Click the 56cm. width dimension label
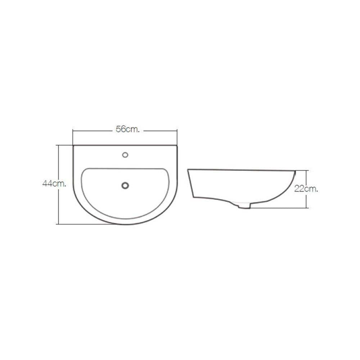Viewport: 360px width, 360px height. (x=128, y=130)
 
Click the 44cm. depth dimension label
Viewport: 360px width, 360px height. (x=54, y=184)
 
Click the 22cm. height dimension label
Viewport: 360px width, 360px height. (x=306, y=189)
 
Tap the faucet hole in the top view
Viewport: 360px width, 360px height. (x=125, y=155)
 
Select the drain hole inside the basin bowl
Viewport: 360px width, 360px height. (x=125, y=185)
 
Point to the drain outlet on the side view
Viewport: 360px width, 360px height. (x=244, y=206)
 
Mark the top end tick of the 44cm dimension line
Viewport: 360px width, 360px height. (x=59, y=145)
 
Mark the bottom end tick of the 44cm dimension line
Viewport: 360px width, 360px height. (x=59, y=224)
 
